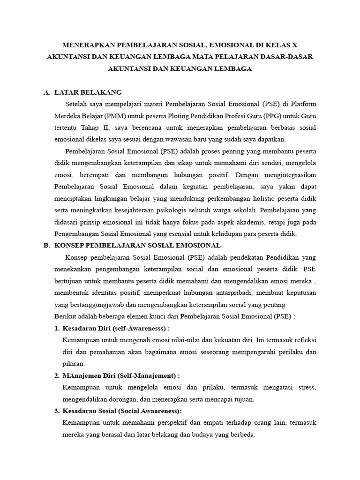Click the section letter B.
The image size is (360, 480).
click(46, 245)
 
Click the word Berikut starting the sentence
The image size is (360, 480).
click(66, 316)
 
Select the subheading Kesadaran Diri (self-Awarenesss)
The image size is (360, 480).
click(116, 328)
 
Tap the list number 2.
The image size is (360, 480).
click(56, 375)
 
